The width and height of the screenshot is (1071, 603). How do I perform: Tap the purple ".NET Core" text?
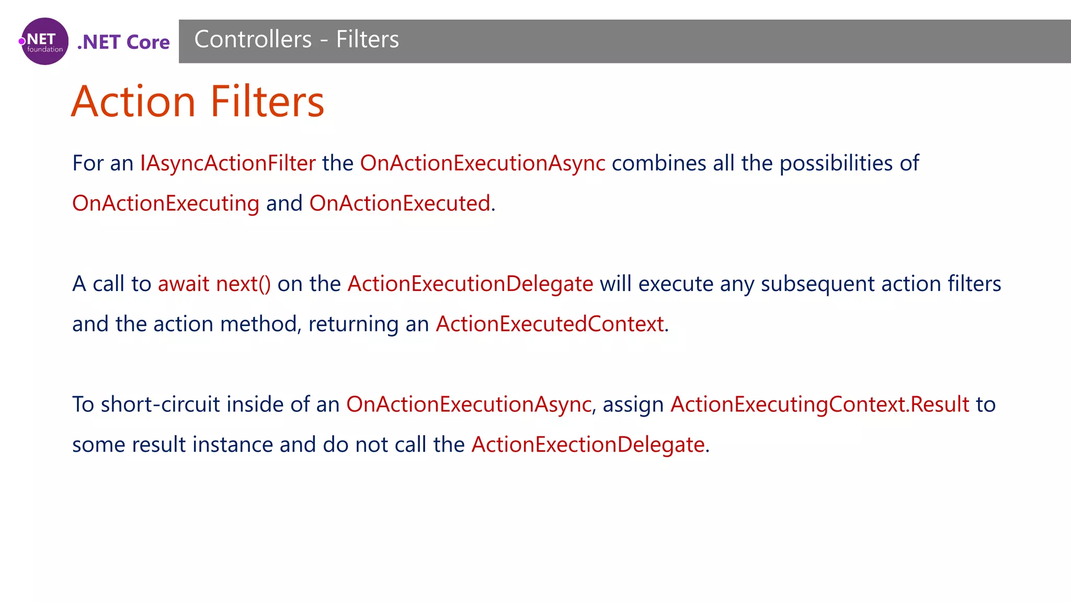123,42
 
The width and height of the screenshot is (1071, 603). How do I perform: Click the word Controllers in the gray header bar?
253,40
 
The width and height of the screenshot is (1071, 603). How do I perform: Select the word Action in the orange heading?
133,102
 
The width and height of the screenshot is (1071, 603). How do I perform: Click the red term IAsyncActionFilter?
227,163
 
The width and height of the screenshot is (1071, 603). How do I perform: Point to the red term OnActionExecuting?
166,204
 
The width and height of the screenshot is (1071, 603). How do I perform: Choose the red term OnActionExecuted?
400,204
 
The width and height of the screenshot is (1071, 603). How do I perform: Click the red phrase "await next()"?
214,284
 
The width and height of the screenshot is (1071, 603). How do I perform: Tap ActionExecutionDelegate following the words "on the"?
470,284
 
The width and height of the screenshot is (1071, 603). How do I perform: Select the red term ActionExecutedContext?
550,325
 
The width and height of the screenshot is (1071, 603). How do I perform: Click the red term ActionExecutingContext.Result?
819,405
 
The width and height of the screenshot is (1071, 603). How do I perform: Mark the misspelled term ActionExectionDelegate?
588,445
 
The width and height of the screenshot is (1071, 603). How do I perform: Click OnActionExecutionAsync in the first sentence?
483,163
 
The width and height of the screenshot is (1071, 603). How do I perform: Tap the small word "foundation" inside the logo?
45,50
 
